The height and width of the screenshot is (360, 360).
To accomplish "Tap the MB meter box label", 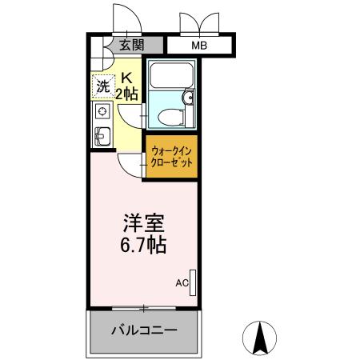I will click(x=198, y=46).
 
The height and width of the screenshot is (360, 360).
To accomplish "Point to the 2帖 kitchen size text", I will click(x=127, y=94).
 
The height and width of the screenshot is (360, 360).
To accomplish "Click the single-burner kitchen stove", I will click(x=102, y=114).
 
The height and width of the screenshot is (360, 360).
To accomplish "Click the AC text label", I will click(x=181, y=282).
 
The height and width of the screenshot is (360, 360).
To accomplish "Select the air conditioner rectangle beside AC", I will click(x=192, y=282).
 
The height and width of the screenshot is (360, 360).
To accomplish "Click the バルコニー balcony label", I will click(x=143, y=330).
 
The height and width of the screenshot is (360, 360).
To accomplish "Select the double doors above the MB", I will click(x=198, y=22).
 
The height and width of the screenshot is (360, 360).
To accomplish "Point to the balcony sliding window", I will click(x=143, y=307).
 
